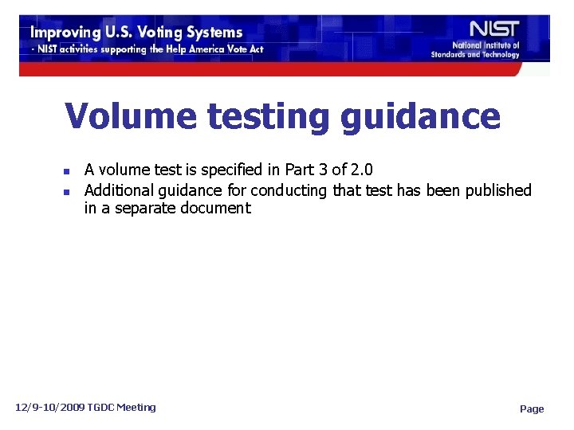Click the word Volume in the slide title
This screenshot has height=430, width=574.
131,116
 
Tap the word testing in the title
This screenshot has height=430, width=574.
267,118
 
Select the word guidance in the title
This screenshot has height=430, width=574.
420,118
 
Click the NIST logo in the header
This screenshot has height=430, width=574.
494,28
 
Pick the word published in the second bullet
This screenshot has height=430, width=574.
496,190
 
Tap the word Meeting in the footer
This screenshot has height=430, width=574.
136,408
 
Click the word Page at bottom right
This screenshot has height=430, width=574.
532,409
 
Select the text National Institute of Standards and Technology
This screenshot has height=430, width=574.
476,50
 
